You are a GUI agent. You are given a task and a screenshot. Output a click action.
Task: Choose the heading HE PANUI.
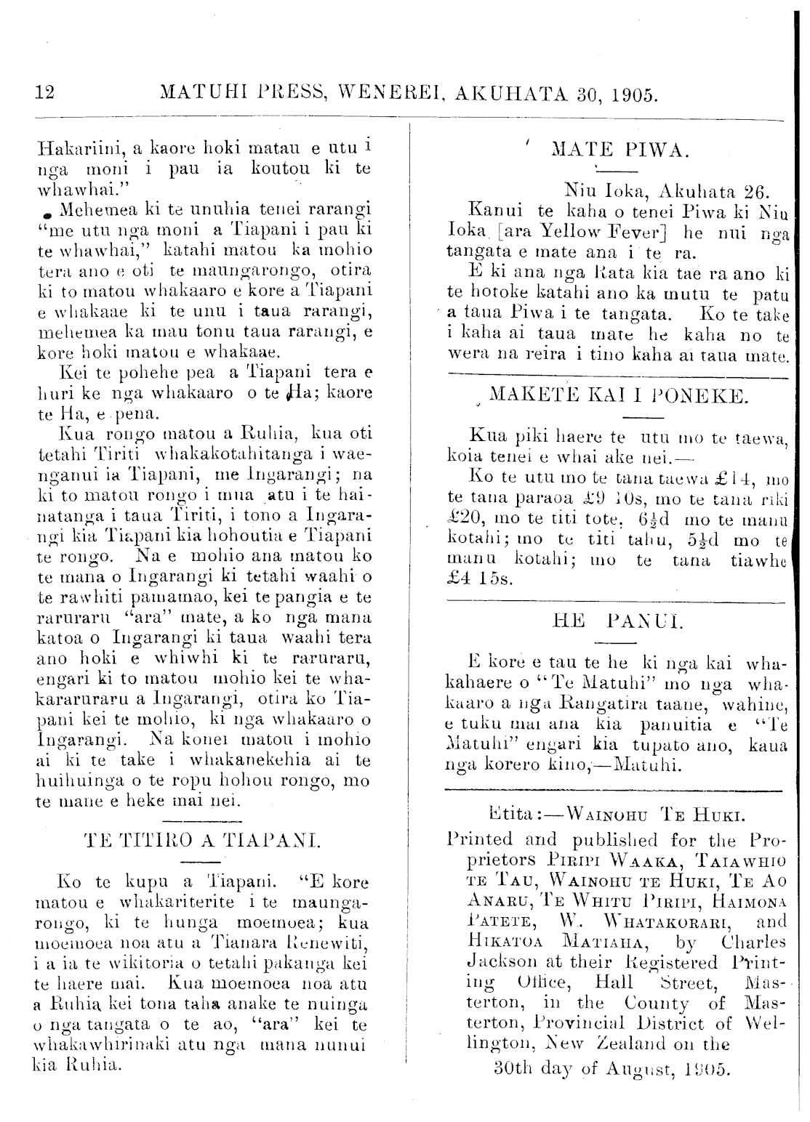pyautogui.click(x=614, y=622)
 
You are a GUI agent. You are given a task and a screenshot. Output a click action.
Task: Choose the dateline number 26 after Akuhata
pyautogui.click(x=755, y=193)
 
